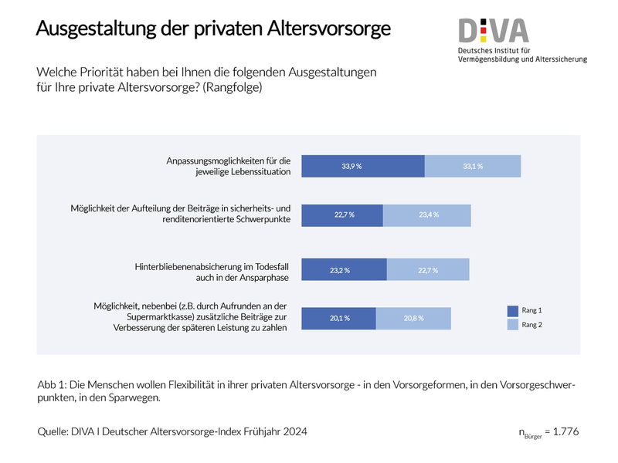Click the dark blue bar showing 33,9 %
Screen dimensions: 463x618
(x=362, y=166)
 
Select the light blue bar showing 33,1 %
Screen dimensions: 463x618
(x=473, y=166)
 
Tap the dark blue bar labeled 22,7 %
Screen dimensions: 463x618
(x=341, y=215)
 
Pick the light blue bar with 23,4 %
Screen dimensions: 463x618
(x=427, y=215)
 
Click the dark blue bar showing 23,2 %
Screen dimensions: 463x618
(x=344, y=269)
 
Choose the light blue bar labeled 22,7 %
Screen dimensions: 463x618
(x=427, y=269)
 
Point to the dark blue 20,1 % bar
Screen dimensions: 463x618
(x=338, y=318)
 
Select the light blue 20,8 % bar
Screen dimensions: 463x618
(x=413, y=318)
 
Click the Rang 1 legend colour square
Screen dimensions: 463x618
(x=513, y=310)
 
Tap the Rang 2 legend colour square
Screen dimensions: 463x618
(x=513, y=325)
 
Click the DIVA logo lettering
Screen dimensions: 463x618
(x=494, y=31)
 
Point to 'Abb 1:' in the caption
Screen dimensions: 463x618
(x=52, y=384)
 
